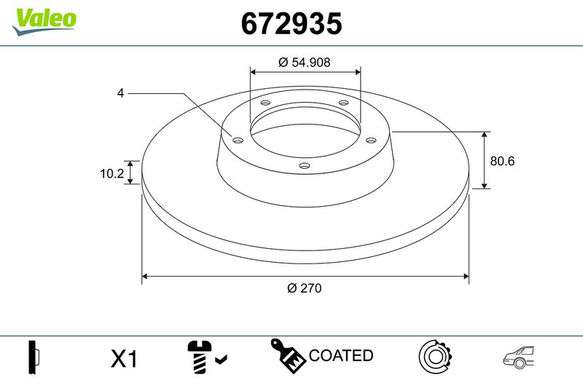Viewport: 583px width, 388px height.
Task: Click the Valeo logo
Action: [44, 22]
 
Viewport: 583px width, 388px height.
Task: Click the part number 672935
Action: [291, 23]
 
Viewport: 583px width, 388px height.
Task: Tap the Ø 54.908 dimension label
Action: [304, 62]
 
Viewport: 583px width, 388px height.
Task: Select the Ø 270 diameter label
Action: [304, 288]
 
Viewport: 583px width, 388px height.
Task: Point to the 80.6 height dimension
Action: [502, 161]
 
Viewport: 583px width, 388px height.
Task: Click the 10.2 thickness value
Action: [111, 173]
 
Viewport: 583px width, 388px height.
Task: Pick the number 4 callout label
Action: [120, 93]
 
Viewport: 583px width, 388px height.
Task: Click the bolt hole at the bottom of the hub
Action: [305, 165]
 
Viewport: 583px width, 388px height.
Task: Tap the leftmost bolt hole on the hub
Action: [238, 140]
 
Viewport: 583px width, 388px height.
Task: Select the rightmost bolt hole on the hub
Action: [371, 140]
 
